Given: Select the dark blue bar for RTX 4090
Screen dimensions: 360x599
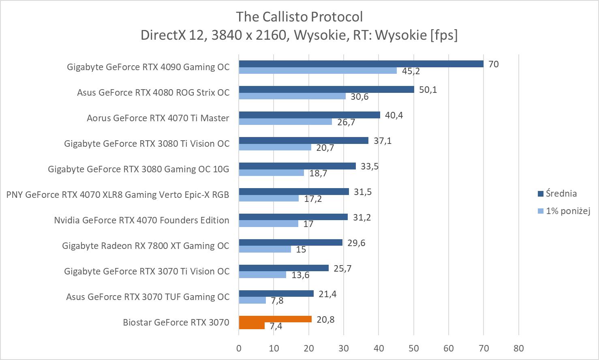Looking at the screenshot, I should [361, 64].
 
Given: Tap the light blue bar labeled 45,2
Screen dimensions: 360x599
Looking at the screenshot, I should [318, 71].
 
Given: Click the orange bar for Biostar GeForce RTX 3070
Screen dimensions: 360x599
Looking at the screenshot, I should [275, 319].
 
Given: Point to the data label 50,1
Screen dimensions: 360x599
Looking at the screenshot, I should [428, 90].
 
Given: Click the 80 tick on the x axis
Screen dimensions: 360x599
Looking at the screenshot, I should [518, 348].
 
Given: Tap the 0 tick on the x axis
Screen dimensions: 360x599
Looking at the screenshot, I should [239, 348].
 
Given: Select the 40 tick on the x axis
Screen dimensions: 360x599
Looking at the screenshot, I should [379, 348].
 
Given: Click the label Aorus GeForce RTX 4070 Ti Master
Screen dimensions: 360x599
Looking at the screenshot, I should [158, 118].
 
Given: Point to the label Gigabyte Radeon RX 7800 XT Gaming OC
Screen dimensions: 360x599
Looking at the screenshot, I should [145, 246].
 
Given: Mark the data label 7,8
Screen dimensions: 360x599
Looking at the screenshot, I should [277, 300].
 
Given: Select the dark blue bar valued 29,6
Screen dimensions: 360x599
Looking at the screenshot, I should [291, 242].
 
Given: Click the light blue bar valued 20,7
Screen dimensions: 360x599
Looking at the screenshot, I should [275, 147].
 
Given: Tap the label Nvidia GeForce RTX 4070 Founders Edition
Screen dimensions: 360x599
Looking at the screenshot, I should [141, 220].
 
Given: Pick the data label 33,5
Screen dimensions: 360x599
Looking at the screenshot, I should [370, 166].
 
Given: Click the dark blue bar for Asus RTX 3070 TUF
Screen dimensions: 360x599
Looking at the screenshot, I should [276, 294].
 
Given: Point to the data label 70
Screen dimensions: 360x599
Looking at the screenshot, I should [493, 64].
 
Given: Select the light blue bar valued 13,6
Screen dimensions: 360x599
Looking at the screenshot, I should [262, 275].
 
